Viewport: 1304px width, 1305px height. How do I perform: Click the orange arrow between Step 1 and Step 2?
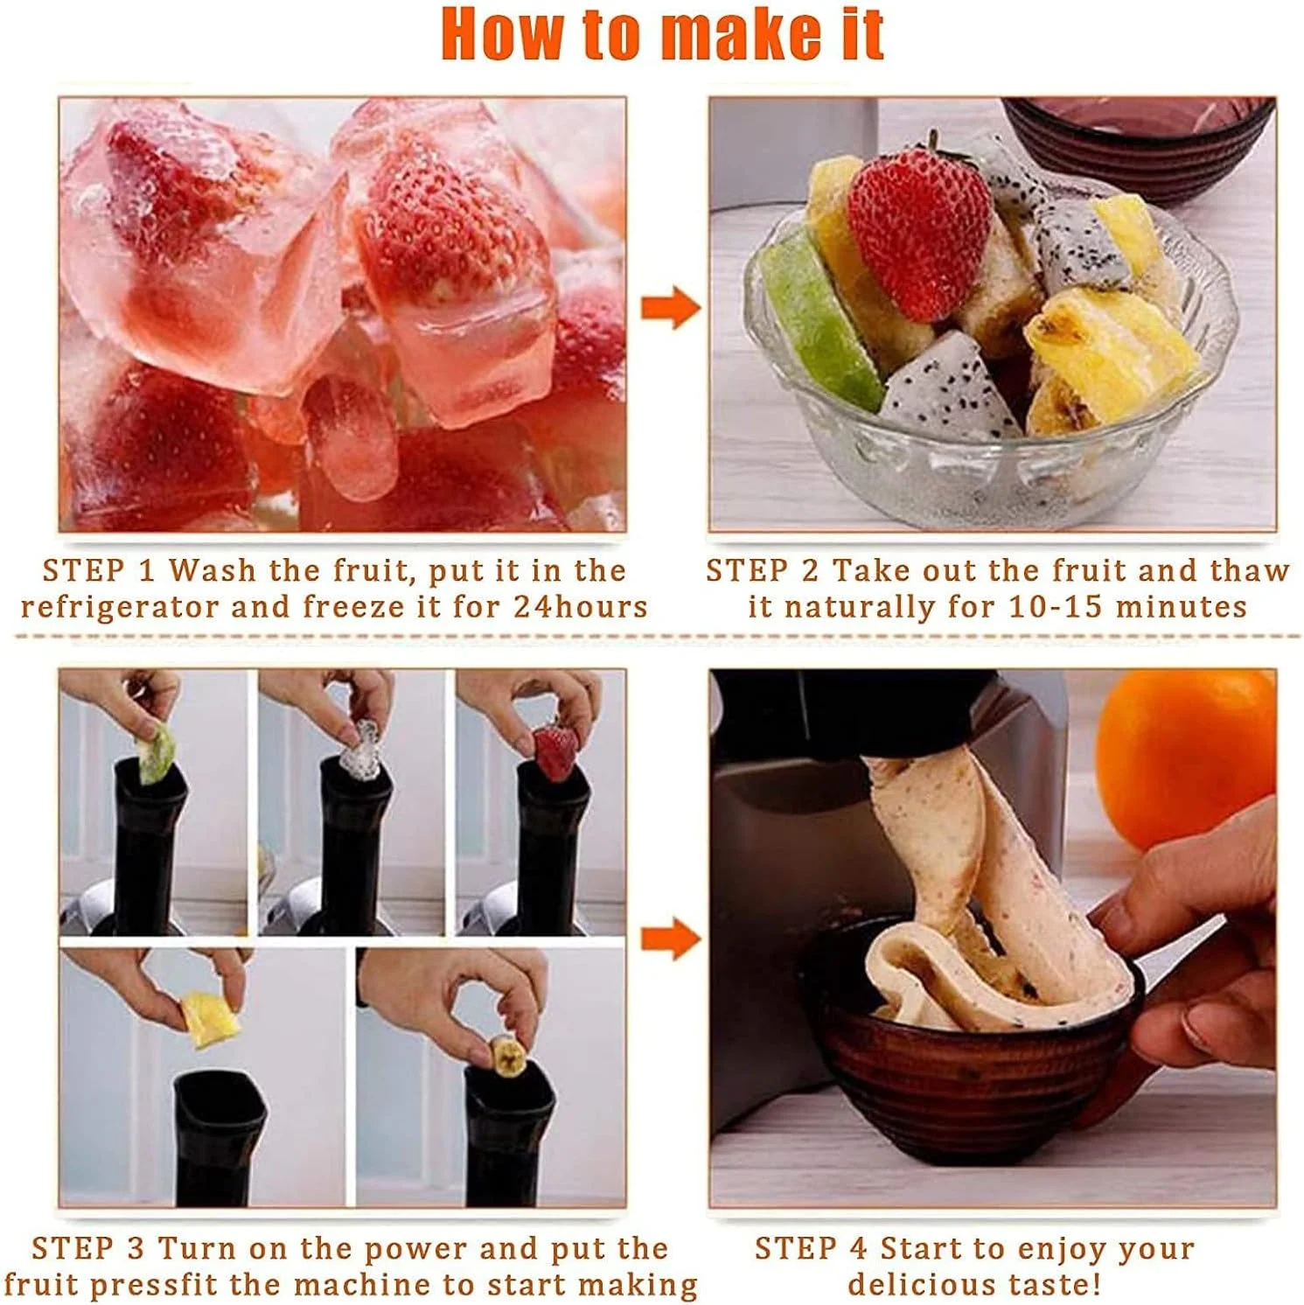671,308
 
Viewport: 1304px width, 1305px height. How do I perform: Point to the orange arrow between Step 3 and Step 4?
671,939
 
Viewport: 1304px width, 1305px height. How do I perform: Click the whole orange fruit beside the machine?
1185,757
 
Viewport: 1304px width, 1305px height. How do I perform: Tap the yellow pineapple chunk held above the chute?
210,1019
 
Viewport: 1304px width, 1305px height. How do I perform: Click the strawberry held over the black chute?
556,751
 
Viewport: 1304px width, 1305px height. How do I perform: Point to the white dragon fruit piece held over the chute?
360,750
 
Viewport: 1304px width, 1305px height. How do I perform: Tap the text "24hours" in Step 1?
581,606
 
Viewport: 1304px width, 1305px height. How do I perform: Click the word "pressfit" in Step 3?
187,1285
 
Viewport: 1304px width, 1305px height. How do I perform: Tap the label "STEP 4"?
811,1248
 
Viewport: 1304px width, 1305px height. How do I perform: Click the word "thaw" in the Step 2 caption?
1250,570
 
